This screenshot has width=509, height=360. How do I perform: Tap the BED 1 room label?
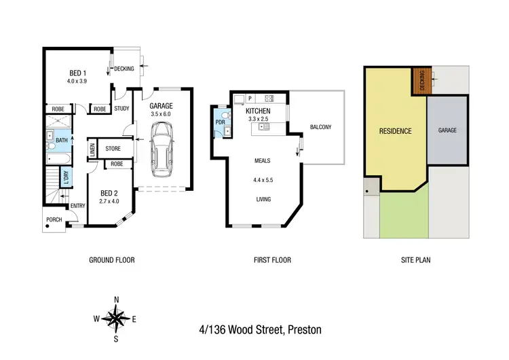78,73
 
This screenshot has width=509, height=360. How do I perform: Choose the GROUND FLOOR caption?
112,260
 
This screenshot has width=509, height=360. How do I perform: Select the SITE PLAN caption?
415,260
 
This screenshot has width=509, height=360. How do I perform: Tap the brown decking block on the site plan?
420,83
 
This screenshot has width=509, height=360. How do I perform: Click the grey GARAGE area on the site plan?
447,130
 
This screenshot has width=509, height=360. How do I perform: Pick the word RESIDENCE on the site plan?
395,131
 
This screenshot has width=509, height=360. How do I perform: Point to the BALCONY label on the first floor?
320,127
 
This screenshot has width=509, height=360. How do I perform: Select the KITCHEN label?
258,111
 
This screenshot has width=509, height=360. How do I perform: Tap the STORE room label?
113,148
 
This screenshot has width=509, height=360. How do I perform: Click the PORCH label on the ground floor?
54,220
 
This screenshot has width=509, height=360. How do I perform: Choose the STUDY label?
121,109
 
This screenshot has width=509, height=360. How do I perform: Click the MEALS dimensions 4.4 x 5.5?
263,181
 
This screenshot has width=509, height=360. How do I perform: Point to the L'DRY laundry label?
66,179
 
